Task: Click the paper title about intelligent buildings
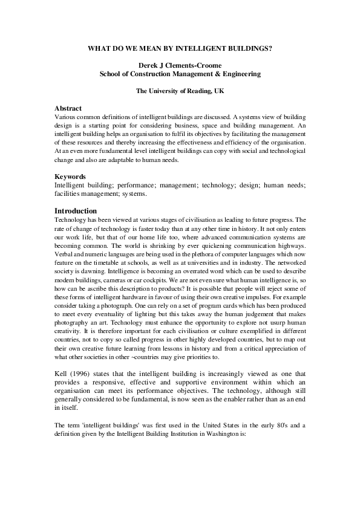pos(180,46)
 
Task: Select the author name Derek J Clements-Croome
pos(180,65)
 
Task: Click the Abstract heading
pos(68,108)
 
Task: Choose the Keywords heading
pos(70,177)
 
